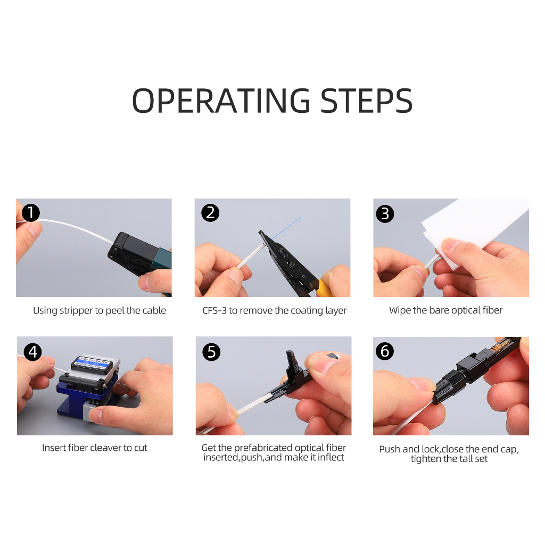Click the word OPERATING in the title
(x=221, y=101)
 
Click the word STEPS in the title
(x=366, y=101)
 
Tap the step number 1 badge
(x=30, y=213)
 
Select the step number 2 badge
(x=210, y=213)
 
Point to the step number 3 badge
(x=385, y=214)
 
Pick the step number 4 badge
(x=32, y=352)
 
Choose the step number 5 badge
(x=211, y=352)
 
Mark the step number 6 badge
(x=385, y=351)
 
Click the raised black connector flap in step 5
(x=291, y=365)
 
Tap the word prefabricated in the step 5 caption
(x=263, y=448)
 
